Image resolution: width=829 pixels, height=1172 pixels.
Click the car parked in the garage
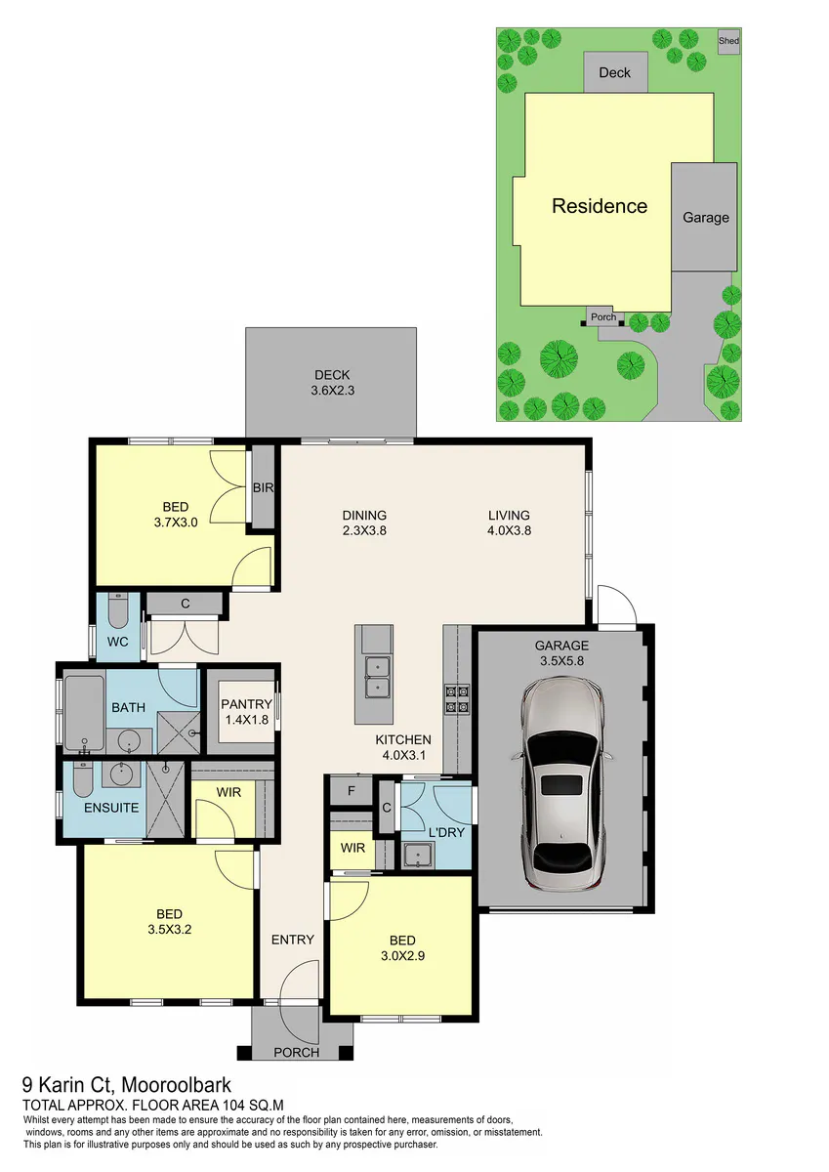click(x=562, y=785)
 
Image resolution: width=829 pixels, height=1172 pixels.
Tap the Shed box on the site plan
click(x=728, y=41)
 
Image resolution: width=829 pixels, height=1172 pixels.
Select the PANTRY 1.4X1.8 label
click(x=246, y=712)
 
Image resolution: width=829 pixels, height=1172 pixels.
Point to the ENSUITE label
click(x=111, y=808)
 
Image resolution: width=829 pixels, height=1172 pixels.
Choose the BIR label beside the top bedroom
click(x=263, y=487)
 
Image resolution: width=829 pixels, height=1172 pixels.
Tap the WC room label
click(x=118, y=642)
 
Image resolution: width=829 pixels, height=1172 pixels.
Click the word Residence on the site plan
click(x=600, y=206)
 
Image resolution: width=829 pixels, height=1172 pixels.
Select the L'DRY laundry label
click(x=446, y=832)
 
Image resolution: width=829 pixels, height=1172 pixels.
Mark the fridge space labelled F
click(x=352, y=791)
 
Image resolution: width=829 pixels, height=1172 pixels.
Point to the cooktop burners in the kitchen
click(x=457, y=699)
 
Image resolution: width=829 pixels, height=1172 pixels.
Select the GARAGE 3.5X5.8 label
click(x=562, y=653)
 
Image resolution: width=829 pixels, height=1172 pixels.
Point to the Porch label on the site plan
click(x=603, y=317)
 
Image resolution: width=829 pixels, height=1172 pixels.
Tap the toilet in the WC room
click(x=118, y=610)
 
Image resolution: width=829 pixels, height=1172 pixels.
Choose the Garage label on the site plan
click(x=706, y=218)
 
